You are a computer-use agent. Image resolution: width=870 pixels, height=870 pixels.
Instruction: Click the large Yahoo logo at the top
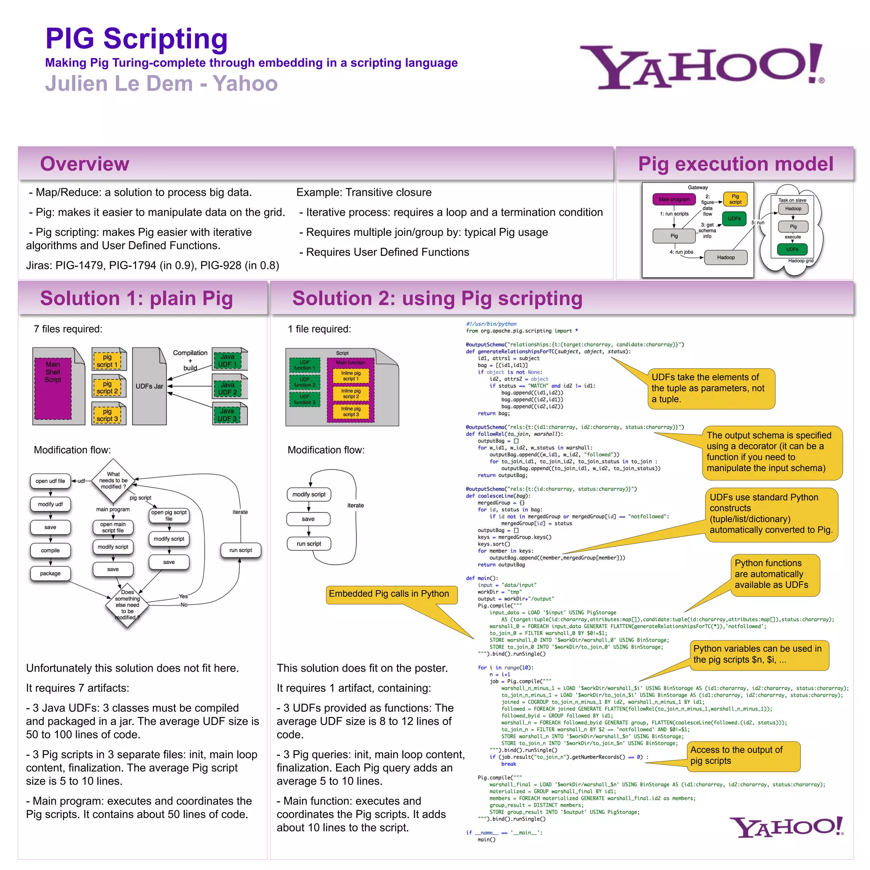702,66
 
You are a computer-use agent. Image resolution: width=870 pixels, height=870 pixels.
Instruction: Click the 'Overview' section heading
85,164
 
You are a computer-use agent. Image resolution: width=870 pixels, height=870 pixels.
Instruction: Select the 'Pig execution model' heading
735,164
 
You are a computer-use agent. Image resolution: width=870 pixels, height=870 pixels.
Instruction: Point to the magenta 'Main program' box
674,199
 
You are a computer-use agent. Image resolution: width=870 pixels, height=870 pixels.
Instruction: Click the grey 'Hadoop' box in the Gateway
726,257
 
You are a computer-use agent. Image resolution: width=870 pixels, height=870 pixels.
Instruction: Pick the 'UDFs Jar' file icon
150,386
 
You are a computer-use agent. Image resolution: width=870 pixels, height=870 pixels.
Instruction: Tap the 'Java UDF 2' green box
227,388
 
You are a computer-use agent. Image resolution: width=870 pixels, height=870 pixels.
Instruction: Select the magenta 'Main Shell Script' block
53,388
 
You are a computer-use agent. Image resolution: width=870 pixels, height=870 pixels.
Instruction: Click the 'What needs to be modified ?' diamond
113,480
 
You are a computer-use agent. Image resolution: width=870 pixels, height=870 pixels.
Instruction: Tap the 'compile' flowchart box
50,550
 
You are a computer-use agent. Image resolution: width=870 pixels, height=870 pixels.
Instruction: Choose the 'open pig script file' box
169,515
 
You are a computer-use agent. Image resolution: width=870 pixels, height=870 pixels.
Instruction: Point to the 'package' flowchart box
50,573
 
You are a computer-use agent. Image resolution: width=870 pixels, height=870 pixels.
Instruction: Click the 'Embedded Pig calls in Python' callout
389,594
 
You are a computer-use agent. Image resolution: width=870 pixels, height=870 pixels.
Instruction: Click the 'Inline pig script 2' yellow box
351,393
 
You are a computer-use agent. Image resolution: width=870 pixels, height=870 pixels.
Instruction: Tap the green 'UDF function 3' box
305,399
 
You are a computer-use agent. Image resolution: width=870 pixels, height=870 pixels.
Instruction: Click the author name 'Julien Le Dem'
119,84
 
